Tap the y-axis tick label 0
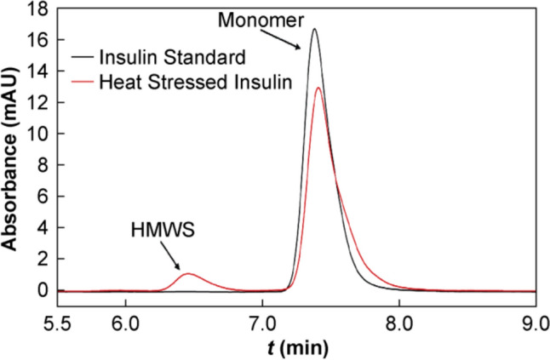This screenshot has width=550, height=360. point(42,290)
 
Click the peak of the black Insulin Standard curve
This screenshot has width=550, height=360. point(314,30)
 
